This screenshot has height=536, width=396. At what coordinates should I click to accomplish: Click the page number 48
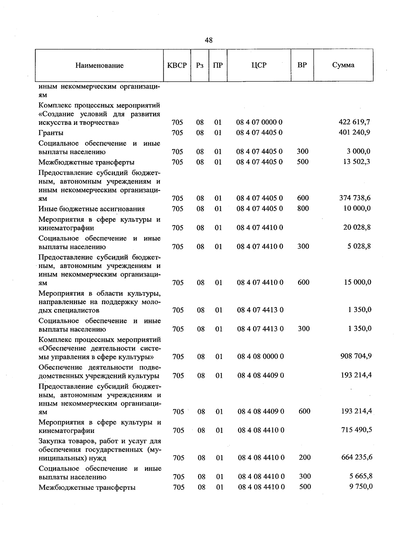coord(209,40)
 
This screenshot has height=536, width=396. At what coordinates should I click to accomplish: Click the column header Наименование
coord(99,65)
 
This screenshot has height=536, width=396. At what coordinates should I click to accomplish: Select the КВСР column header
coord(177,65)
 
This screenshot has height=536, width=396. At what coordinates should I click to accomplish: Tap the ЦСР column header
coord(259,65)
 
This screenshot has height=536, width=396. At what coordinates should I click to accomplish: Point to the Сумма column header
coord(343,65)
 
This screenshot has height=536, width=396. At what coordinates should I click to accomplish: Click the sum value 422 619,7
coord(354,122)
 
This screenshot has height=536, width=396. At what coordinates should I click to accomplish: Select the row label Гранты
coord(51,133)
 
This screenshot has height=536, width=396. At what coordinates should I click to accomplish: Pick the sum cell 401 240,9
coord(354,132)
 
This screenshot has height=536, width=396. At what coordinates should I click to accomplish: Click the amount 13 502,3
coord(356,161)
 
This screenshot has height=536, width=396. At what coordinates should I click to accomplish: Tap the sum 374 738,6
coord(355,198)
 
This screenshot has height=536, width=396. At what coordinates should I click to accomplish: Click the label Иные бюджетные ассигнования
coord(91,209)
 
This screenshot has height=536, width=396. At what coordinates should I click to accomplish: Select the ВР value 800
coord(303,208)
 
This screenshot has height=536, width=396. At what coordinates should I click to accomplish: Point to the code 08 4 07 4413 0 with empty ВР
coord(260,310)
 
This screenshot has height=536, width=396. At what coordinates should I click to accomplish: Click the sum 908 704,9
coord(356,356)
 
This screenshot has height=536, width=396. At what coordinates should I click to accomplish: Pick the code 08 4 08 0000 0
coord(260,356)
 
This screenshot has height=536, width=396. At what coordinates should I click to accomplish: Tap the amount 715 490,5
coord(356,430)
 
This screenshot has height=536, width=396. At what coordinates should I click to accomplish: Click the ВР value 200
coord(305,457)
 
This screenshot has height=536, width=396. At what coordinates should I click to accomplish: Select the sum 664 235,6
coord(356,457)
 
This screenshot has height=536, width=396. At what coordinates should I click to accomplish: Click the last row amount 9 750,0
coord(361,486)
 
